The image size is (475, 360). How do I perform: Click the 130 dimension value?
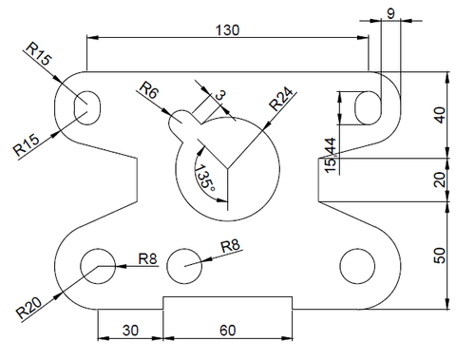(227, 30)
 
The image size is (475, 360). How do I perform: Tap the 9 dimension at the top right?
(391, 13)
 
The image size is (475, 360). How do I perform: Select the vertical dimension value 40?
(439, 115)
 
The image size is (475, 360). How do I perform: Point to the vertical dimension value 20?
(439, 180)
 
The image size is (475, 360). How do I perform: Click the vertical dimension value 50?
(439, 256)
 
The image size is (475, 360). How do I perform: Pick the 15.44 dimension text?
(331, 155)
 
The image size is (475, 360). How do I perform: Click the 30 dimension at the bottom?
(130, 331)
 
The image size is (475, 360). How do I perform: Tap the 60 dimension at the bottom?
(227, 331)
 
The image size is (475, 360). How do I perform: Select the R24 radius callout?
(280, 99)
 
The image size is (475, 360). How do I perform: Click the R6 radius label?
(148, 90)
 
